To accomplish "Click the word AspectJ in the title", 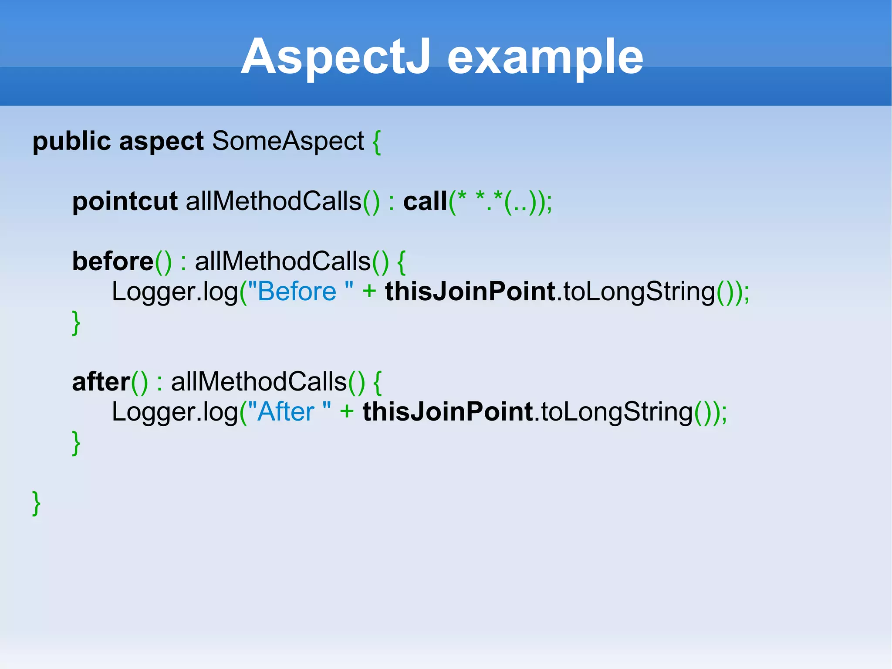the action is point(336,57).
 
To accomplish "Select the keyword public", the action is point(71,141).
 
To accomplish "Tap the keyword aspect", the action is point(161,142).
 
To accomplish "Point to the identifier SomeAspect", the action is point(288,141).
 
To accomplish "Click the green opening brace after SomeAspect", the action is point(377,142).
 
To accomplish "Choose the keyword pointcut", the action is point(125,201).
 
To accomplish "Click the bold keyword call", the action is point(425,201).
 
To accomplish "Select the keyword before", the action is point(113,261).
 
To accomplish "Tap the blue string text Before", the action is point(297,292).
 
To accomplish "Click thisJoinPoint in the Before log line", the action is point(470,292).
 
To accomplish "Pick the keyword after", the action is point(101,382).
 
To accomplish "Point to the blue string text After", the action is point(286,412).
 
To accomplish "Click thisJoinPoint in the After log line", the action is point(448,412).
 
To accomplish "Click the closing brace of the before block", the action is point(76,323).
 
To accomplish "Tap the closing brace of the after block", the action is point(76,443).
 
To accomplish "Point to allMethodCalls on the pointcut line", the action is point(274,201).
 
